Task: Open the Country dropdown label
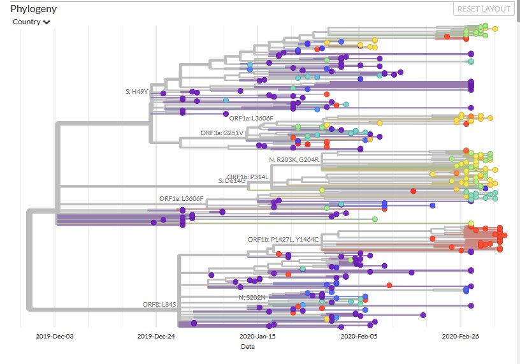(x=27, y=22)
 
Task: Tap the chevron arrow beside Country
(x=47, y=22)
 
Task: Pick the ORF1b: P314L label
(x=247, y=177)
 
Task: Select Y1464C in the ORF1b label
(x=306, y=239)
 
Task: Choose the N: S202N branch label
(x=252, y=297)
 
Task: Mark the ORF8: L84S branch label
(x=159, y=304)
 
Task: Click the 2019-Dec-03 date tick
(x=55, y=336)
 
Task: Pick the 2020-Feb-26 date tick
(x=460, y=336)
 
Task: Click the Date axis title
(x=247, y=347)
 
